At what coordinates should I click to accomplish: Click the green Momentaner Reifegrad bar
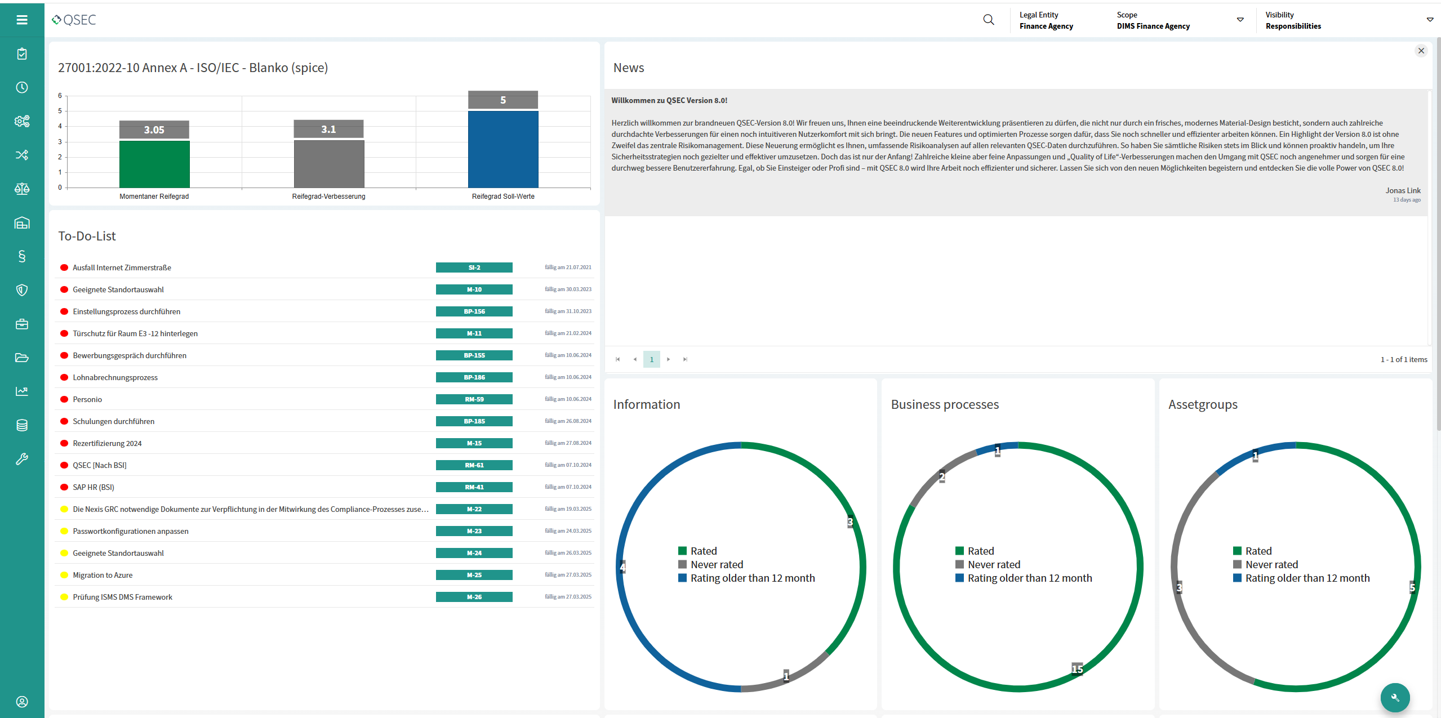pos(154,164)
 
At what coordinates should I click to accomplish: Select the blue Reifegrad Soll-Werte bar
pos(503,149)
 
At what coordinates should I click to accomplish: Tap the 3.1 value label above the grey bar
pos(328,130)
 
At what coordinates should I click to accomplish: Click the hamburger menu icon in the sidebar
pos(22,20)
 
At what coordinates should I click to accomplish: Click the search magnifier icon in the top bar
pos(988,20)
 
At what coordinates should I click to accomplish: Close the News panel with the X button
pos(1421,51)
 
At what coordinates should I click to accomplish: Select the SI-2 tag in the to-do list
pos(474,267)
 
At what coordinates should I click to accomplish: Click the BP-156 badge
pos(474,311)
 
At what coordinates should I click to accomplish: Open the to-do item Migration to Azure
pos(103,575)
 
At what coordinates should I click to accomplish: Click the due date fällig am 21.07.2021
pos(568,267)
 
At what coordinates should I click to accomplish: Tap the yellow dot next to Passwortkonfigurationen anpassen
pos(64,531)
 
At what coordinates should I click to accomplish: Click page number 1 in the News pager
pos(651,359)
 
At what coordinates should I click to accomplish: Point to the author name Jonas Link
pos(1403,190)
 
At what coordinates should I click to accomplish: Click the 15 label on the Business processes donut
pos(1077,669)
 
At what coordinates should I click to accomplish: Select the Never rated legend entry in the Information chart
pos(717,564)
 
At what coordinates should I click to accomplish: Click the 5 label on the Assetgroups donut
pos(1412,587)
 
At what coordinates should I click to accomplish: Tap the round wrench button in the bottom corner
pos(1395,697)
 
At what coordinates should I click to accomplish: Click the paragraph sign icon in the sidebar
pos(22,257)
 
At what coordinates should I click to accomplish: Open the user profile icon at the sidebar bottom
pos(22,702)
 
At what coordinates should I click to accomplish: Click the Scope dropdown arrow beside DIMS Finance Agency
pos(1240,20)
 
